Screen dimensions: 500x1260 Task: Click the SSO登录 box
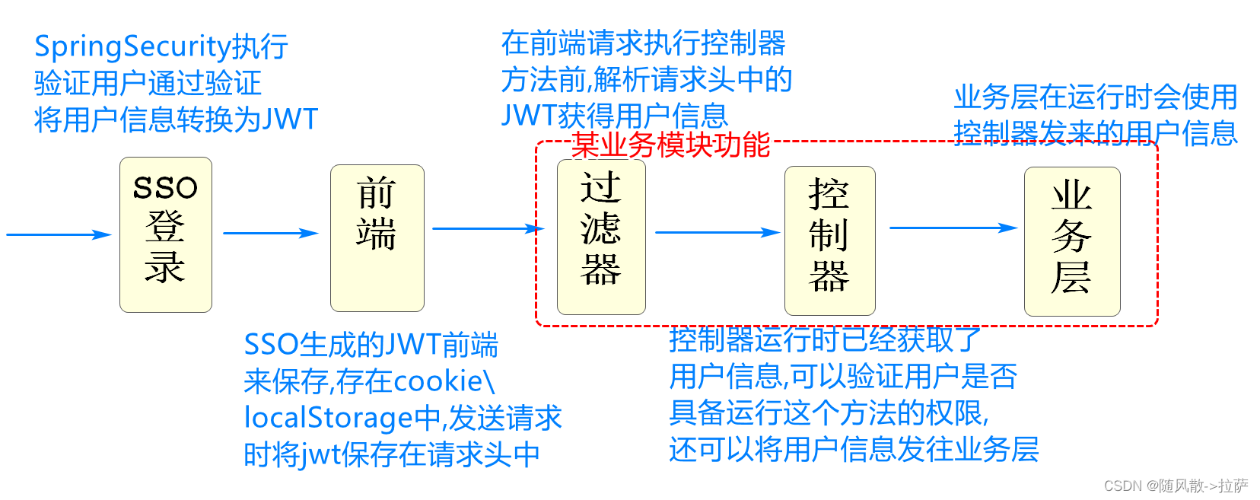pos(165,234)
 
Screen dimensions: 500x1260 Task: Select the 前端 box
pos(377,237)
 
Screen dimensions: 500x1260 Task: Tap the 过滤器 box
pos(601,237)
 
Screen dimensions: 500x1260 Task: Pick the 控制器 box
pos(829,240)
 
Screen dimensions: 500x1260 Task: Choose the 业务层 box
pos(1071,241)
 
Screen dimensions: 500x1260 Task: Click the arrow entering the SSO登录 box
pos(59,234)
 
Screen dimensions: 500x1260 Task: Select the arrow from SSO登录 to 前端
pos(270,233)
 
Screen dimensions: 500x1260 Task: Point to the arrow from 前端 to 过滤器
pos(487,228)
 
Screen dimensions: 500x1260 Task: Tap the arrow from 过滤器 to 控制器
pos(717,232)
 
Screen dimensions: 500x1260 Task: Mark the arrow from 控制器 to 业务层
pos(953,228)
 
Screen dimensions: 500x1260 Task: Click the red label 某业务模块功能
pos(670,145)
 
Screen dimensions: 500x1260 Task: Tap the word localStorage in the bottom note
pos(329,418)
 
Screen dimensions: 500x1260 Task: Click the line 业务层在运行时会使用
pos(1095,97)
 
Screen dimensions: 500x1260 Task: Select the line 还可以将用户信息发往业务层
pos(854,449)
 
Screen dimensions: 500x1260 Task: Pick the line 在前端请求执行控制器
pos(643,43)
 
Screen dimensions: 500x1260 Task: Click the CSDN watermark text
pos(1176,486)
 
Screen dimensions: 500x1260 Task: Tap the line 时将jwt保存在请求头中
pos(391,454)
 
